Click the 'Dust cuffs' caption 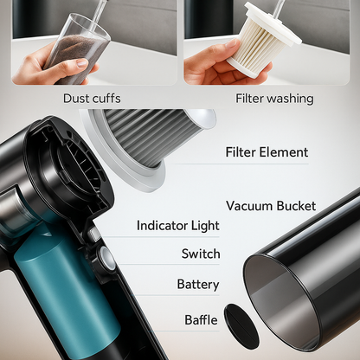[92, 99]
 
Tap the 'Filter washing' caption [274, 99]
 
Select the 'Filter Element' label [267, 152]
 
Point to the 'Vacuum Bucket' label [271, 206]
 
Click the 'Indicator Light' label [178, 226]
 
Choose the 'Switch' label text [201, 254]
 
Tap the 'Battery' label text [198, 285]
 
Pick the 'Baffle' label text [201, 320]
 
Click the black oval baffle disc [241, 322]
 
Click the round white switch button [106, 257]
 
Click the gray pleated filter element [154, 136]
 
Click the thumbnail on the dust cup [82, 62]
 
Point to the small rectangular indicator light [94, 234]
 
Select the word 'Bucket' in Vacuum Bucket [296, 206]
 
